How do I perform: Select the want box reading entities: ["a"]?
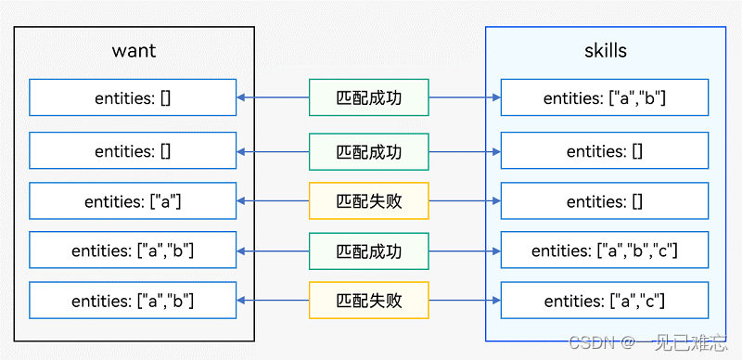coord(134,201)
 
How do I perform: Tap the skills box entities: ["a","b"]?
coord(605,97)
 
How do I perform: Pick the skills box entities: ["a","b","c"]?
coord(605,251)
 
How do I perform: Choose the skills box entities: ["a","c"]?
coord(605,301)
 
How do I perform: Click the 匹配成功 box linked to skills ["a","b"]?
coord(369,97)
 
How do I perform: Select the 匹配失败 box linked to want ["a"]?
coord(369,201)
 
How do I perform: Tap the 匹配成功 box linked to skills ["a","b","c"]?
coord(369,251)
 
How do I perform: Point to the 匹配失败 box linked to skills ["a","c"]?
coord(369,301)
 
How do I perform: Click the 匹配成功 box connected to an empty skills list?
coord(369,149)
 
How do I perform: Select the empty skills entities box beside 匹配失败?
coord(605,201)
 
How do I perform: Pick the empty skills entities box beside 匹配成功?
coord(605,149)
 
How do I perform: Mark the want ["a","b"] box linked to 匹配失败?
coord(134,301)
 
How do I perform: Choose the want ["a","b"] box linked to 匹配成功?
coord(134,251)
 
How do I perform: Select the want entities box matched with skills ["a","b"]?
coord(134,97)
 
